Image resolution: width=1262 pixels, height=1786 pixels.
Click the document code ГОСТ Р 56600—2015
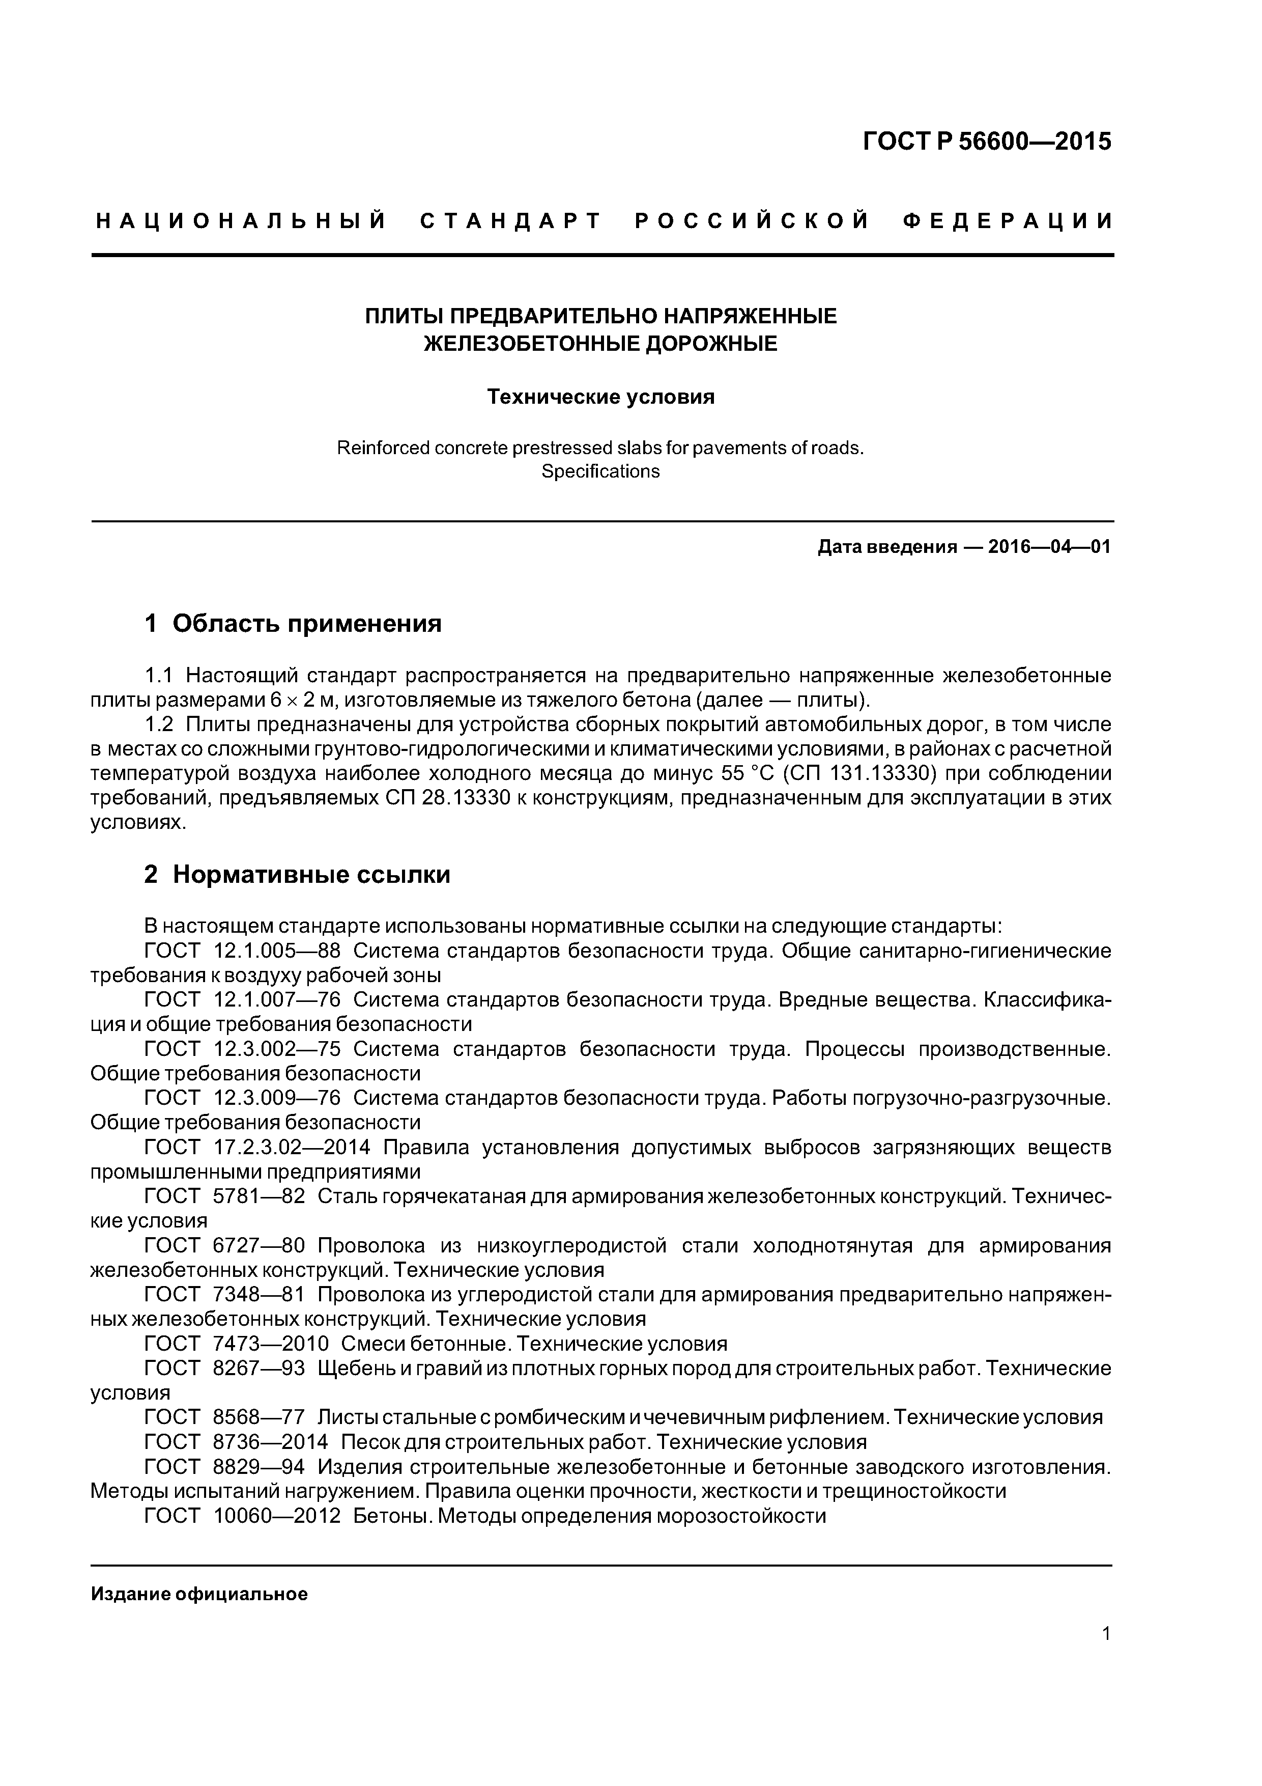[x=988, y=142]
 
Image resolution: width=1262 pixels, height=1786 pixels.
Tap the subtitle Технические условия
[x=600, y=398]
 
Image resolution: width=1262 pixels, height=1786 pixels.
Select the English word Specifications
[x=600, y=471]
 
